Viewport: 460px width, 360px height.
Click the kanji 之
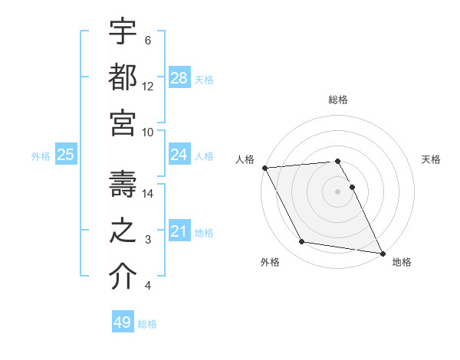[x=123, y=231]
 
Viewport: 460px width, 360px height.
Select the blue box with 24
[x=179, y=155]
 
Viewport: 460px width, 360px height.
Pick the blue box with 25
[x=65, y=155]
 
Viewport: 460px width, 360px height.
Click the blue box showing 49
[x=123, y=322]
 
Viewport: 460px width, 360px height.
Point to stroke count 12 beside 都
[x=148, y=87]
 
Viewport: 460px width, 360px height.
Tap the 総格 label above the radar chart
[x=338, y=100]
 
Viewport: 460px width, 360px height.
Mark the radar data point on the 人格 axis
[x=264, y=168]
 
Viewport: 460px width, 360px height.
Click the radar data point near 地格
[x=381, y=253]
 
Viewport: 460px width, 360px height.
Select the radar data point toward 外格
[x=302, y=242]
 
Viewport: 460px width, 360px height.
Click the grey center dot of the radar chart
[x=338, y=191]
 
